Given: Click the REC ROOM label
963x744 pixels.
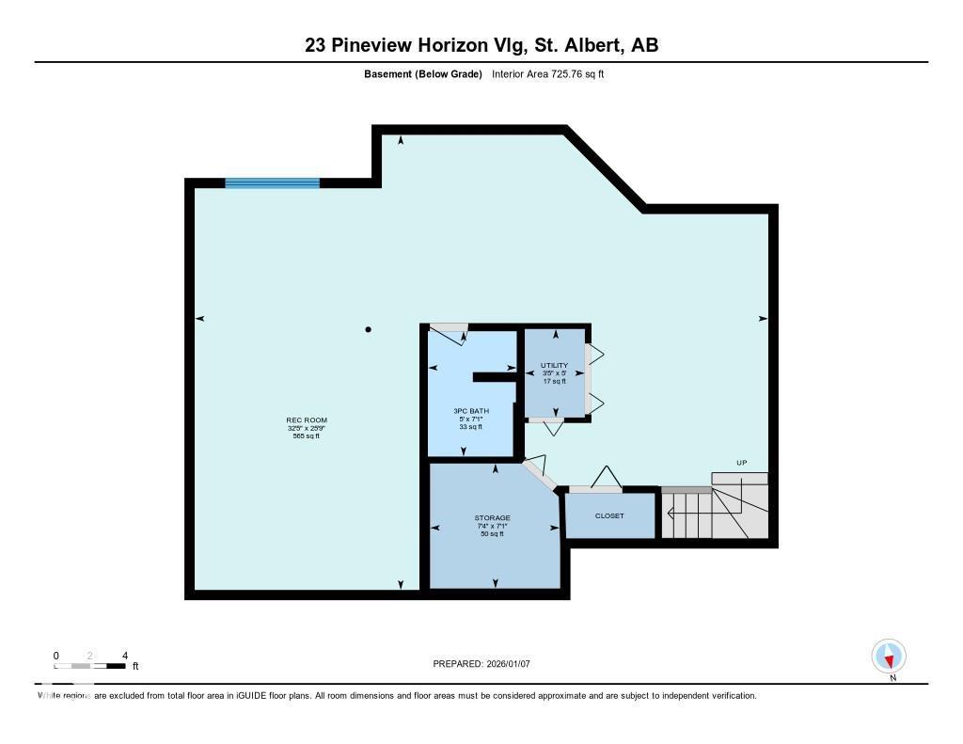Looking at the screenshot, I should point(307,420).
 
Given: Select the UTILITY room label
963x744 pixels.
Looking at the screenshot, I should point(554,365).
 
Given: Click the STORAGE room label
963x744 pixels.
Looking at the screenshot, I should point(492,518).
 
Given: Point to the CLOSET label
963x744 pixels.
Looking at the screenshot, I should point(609,516).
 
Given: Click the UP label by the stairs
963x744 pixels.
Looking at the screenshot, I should point(741,463).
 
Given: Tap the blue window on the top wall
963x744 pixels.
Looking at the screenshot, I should point(272,183).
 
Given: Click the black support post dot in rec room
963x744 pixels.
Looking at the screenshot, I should point(369,329).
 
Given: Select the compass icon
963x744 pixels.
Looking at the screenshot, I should point(889,656).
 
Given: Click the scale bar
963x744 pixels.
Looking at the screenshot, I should point(90,666).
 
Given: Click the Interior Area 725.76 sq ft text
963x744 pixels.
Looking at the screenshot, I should point(547,74).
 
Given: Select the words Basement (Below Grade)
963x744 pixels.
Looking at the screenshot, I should point(423,74).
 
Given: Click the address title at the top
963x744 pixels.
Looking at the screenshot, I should point(481,45).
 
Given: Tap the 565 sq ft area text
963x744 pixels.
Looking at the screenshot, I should point(307,435).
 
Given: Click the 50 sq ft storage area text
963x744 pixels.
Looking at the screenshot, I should point(492,533).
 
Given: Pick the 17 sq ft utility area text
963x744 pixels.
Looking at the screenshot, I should point(554,381).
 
